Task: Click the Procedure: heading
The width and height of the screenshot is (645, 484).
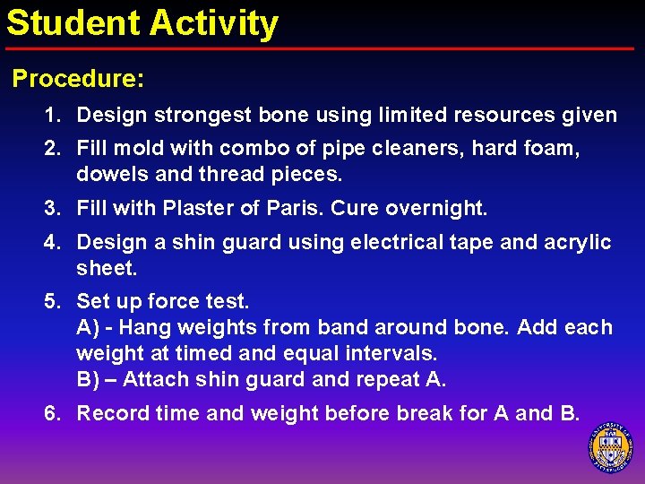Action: pyautogui.click(x=77, y=79)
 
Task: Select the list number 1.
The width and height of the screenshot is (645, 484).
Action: pyautogui.click(x=54, y=116)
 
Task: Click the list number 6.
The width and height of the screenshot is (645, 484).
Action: pyautogui.click(x=54, y=413)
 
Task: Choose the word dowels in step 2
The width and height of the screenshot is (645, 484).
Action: pyautogui.click(x=107, y=174)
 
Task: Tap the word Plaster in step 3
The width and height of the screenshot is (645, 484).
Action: pyautogui.click(x=198, y=209)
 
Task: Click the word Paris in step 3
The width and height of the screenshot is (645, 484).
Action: pyautogui.click(x=290, y=209)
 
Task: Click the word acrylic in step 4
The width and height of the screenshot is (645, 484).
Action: pyautogui.click(x=577, y=242)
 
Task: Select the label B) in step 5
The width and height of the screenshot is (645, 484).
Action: pyautogui.click(x=87, y=379)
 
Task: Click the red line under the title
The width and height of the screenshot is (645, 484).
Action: pyautogui.click(x=322, y=48)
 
